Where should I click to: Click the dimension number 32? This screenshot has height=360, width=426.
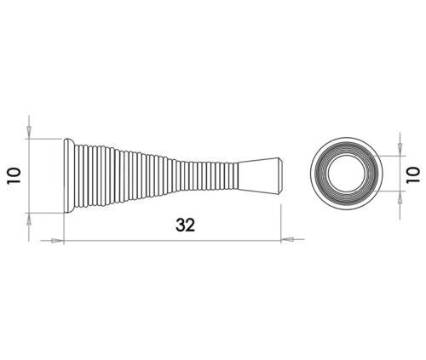coord(186,225)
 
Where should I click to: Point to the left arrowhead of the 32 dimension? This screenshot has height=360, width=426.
coord(57,241)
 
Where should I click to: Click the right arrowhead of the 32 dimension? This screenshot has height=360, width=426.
coord(287,241)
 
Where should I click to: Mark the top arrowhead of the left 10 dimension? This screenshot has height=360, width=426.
coord(28,130)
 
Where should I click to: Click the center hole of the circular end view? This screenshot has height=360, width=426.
coord(345,174)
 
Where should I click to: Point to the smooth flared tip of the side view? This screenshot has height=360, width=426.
coord(260,174)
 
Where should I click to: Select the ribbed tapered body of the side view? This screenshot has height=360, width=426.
coord(153,174)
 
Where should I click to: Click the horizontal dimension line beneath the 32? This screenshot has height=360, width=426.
coord(170,241)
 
